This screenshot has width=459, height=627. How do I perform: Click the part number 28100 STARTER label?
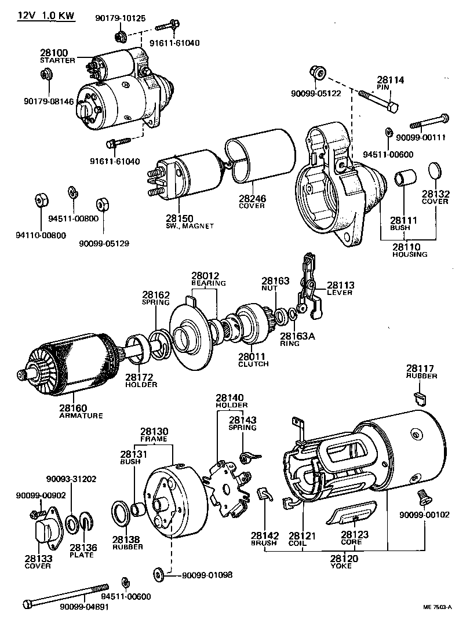[x=56, y=55]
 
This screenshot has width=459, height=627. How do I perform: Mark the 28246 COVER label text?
[x=253, y=202]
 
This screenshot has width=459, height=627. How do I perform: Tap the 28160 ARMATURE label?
[x=80, y=411]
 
